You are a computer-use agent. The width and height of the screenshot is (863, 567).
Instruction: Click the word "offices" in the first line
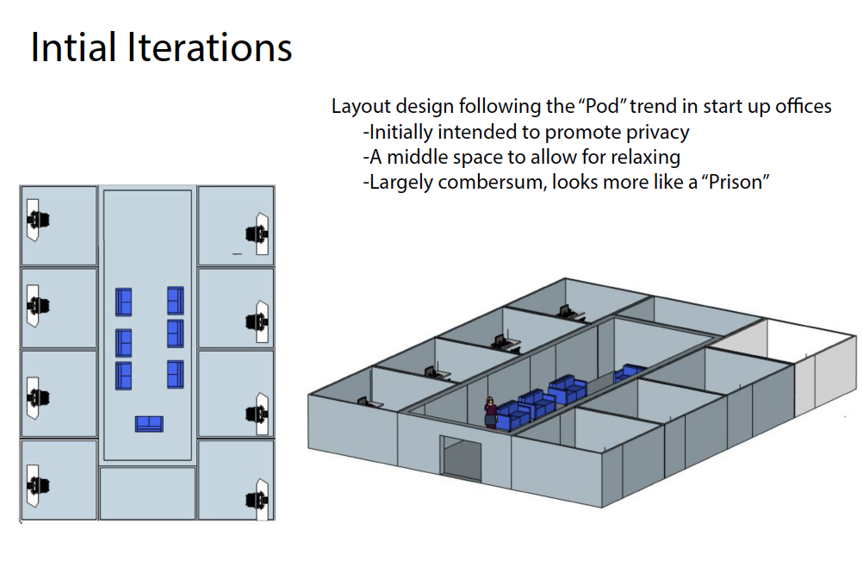click(800, 107)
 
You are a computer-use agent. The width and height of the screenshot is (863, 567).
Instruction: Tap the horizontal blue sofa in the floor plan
click(149, 423)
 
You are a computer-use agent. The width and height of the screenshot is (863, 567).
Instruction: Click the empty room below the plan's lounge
click(147, 493)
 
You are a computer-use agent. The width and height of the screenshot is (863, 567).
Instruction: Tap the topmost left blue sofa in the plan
click(124, 302)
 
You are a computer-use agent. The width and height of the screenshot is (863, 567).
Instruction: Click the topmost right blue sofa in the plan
click(176, 300)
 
